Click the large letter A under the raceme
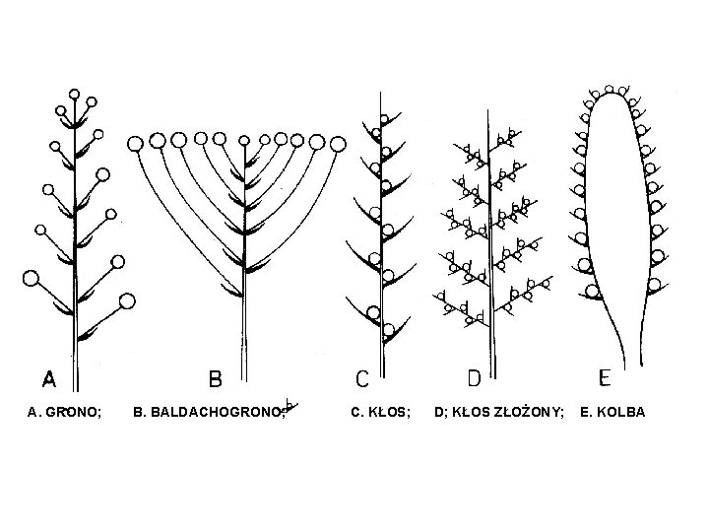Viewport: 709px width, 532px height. point(49,379)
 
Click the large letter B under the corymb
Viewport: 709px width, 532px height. point(216,379)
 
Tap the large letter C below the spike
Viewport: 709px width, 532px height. point(363,379)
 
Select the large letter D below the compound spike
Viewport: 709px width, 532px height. point(474,379)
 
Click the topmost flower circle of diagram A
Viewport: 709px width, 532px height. point(75,95)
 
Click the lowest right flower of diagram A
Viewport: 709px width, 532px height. point(126,300)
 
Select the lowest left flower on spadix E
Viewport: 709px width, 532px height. point(593,291)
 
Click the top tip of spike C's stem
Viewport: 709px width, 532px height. point(381,94)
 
